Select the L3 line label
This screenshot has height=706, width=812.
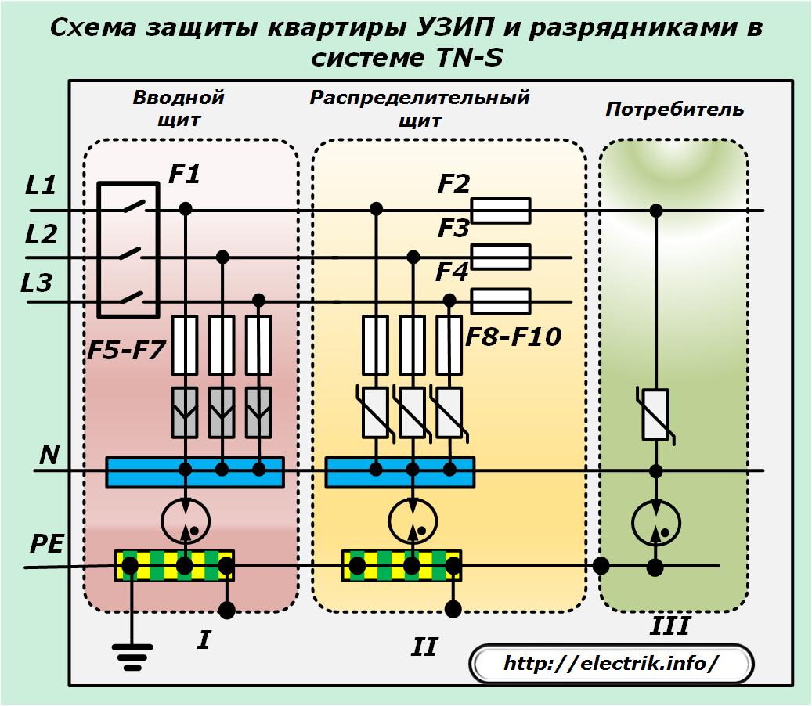tap(37, 283)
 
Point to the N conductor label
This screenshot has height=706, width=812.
tap(49, 455)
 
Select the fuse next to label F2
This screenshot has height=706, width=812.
tap(503, 211)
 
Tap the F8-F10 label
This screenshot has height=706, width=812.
tap(514, 338)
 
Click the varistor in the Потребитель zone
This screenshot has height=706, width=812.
tap(655, 414)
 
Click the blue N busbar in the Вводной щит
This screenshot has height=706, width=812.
tap(194, 472)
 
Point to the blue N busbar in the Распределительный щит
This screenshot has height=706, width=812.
tap(399, 472)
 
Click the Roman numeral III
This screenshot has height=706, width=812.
tap(670, 627)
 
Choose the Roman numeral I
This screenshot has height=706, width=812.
tap(204, 641)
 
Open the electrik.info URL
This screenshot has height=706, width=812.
tap(611, 665)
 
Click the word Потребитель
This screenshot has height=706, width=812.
tap(674, 110)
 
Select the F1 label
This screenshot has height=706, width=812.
tap(185, 175)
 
